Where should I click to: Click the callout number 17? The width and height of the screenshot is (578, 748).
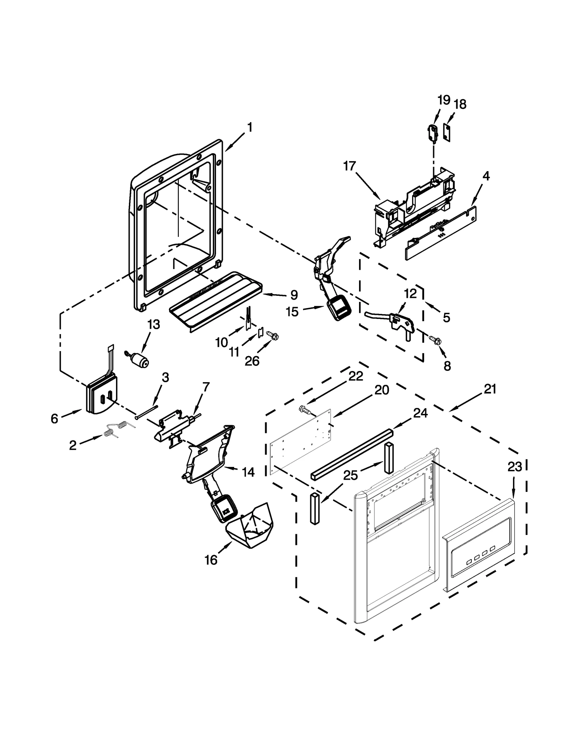(x=349, y=167)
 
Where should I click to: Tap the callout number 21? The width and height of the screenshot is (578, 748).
(x=490, y=389)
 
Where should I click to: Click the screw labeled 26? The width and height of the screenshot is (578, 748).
(x=273, y=336)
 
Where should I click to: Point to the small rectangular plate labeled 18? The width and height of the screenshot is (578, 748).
(x=447, y=133)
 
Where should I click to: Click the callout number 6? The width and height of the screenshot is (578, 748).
(x=54, y=419)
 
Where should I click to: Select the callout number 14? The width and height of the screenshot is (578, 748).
(x=248, y=472)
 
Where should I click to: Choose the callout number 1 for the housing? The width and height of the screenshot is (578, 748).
(x=249, y=127)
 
